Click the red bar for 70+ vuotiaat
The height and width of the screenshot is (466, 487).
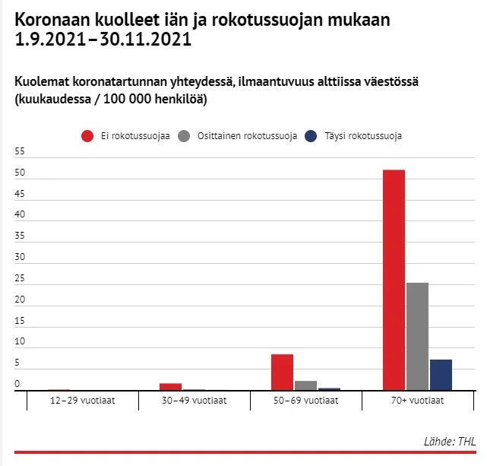(x=394, y=280)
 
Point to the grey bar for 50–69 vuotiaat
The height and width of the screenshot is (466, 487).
(x=305, y=385)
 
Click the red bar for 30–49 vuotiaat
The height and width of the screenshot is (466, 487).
(x=170, y=386)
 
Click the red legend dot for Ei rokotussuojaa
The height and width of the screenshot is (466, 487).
(x=87, y=136)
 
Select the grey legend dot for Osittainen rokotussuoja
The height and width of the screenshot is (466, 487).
(x=184, y=136)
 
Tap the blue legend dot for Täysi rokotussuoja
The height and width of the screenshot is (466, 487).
(x=310, y=136)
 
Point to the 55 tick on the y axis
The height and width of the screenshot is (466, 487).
(x=21, y=152)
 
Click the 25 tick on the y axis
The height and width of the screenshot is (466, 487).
(x=21, y=278)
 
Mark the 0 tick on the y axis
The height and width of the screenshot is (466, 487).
(x=17, y=384)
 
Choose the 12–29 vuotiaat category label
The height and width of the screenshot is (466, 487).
(x=82, y=400)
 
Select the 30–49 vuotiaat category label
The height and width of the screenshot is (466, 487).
(x=194, y=400)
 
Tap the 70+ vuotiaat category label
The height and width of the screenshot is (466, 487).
(x=419, y=400)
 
